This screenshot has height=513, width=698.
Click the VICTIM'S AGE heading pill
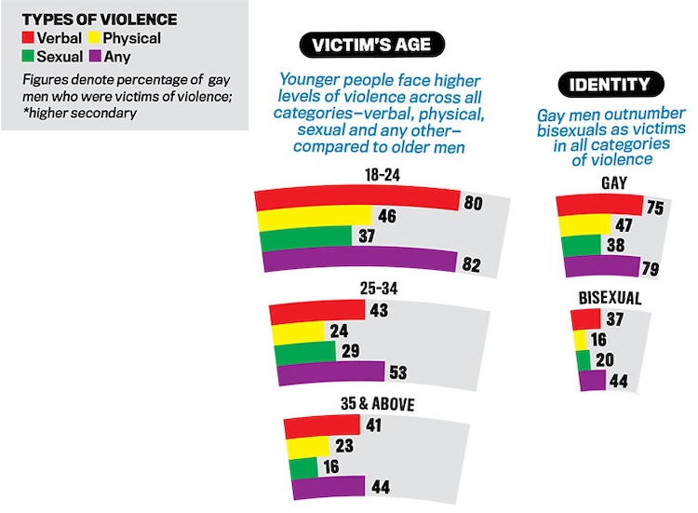tap(371, 45)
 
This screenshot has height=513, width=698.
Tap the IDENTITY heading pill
tap(610, 85)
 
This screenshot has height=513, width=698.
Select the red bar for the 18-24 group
tap(358, 199)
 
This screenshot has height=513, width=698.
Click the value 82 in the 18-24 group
tap(472, 264)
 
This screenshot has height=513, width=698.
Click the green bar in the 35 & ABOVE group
tap(304, 466)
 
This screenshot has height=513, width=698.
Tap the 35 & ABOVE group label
tap(377, 404)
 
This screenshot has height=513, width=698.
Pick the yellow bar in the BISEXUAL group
tap(580, 339)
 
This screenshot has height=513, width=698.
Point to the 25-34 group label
tap(378, 290)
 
